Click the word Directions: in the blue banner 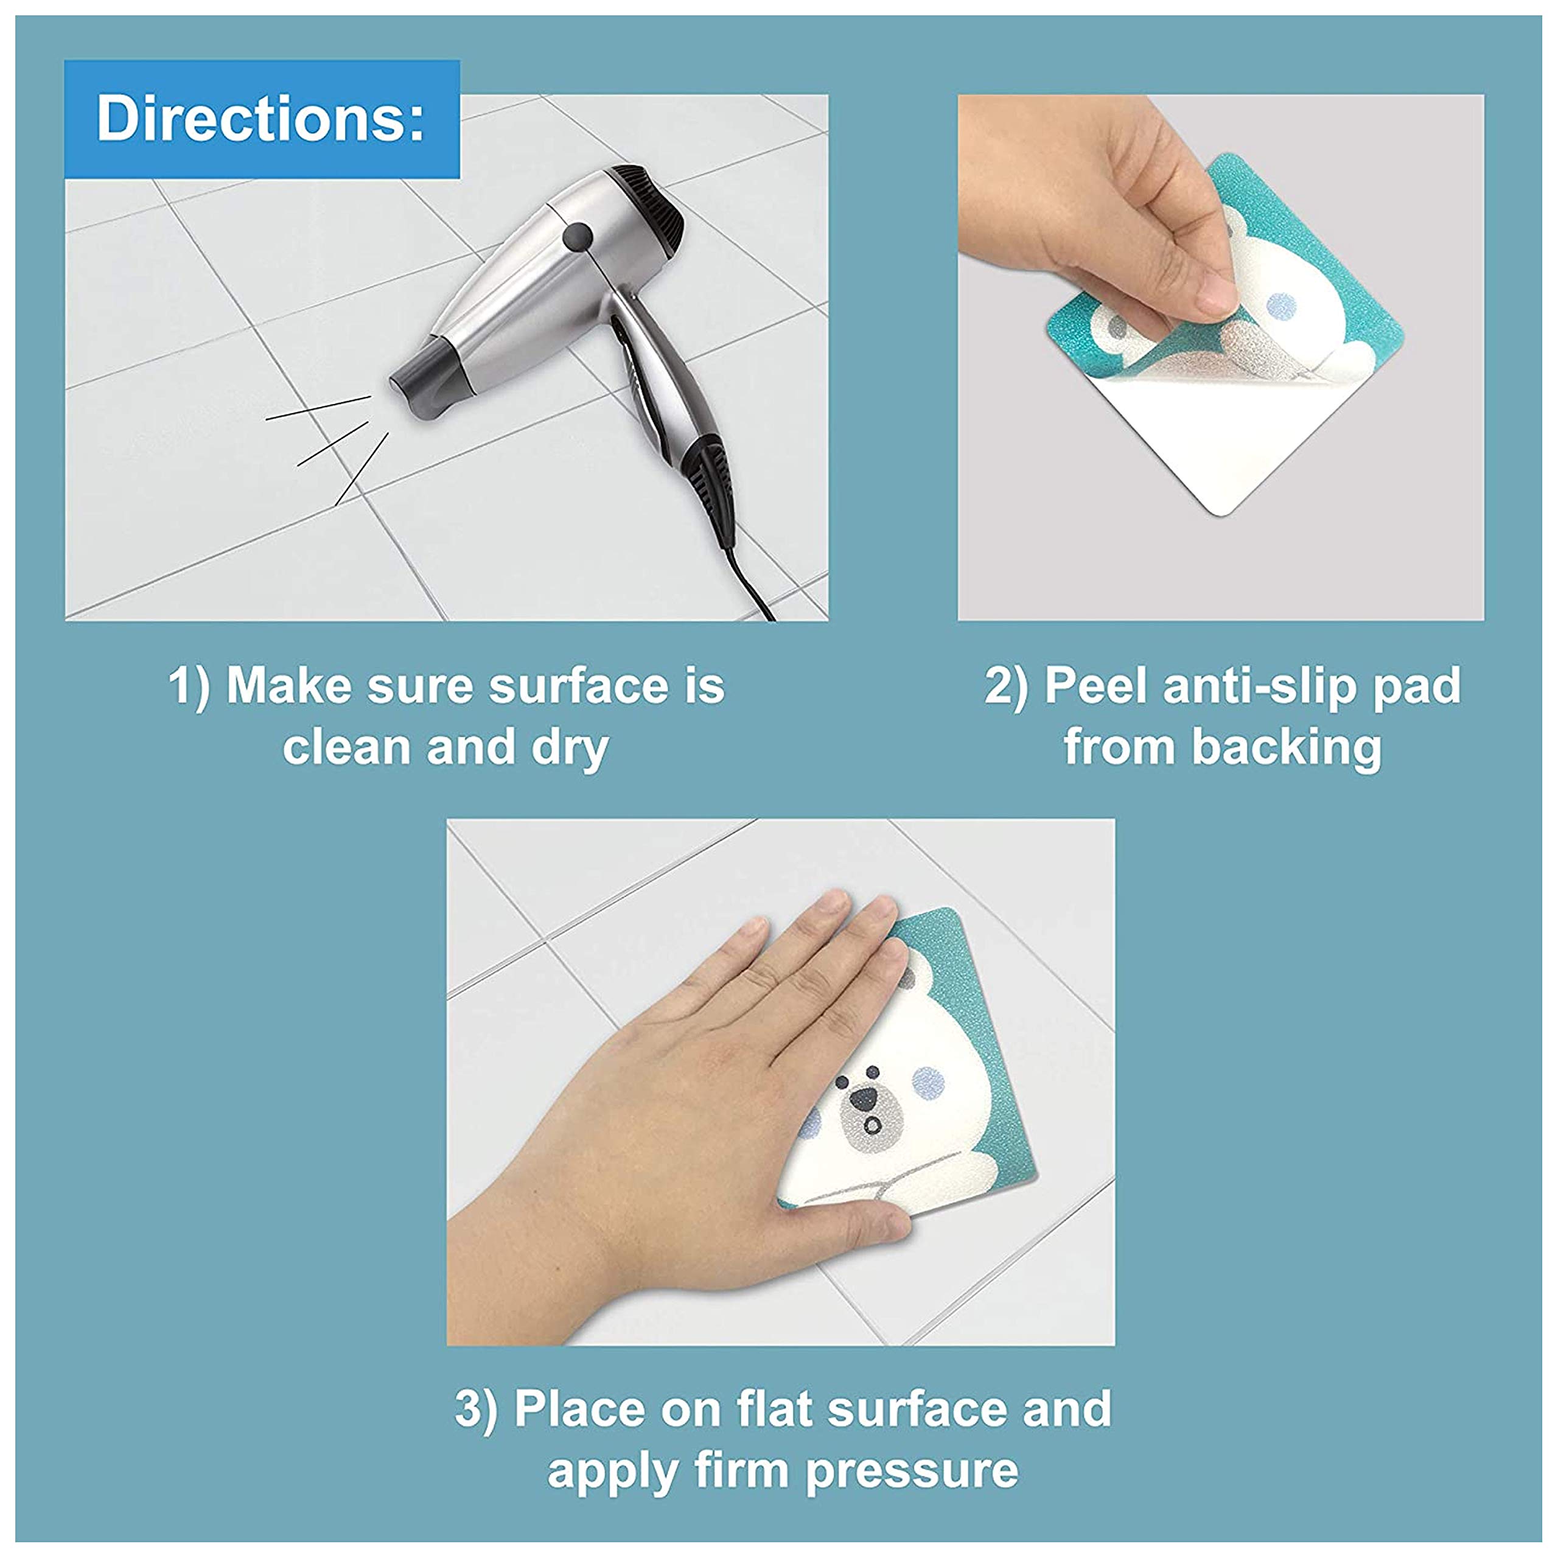click(x=260, y=119)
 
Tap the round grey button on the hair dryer click(x=578, y=236)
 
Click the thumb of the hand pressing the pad click(x=875, y=1226)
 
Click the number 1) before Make click(x=189, y=686)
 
